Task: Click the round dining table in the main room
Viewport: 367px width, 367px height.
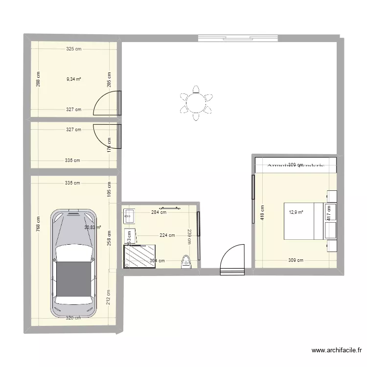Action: click(x=196, y=103)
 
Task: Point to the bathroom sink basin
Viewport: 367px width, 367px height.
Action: click(x=130, y=214)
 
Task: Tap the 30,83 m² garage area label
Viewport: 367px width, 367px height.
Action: click(x=92, y=227)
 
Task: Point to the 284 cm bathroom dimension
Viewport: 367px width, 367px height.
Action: click(x=159, y=212)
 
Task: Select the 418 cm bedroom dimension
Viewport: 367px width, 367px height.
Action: click(x=262, y=212)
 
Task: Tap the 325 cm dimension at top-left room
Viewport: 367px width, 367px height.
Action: click(x=74, y=49)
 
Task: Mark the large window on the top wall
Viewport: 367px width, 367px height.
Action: click(x=238, y=39)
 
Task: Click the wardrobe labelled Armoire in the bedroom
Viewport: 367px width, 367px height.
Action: click(x=295, y=165)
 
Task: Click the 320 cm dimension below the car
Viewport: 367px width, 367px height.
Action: click(x=73, y=318)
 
